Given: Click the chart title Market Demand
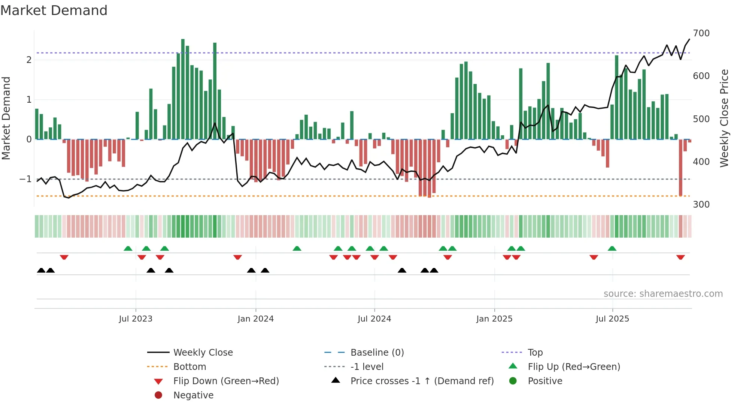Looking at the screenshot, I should pyautogui.click(x=54, y=10).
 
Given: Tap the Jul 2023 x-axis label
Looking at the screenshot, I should pyautogui.click(x=136, y=319).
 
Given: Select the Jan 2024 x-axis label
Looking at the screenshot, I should pyautogui.click(x=255, y=319).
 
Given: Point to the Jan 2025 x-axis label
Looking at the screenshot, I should pyautogui.click(x=494, y=319).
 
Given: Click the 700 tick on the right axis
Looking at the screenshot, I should pyautogui.click(x=701, y=33).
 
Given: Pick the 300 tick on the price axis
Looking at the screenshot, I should pyautogui.click(x=701, y=205).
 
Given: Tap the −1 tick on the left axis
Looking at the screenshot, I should pyautogui.click(x=25, y=179).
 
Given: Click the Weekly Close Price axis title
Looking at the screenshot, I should pyautogui.click(x=724, y=118).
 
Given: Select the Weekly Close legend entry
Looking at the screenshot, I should pyautogui.click(x=203, y=353).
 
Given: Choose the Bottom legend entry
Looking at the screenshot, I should pyautogui.click(x=189, y=367).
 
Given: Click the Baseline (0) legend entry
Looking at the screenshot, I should pyautogui.click(x=377, y=353).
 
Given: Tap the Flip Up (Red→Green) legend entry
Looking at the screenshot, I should pyautogui.click(x=574, y=367).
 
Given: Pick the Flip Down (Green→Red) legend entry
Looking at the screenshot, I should pyautogui.click(x=226, y=381).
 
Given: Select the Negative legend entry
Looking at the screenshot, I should pyautogui.click(x=193, y=395).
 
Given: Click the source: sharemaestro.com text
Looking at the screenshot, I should pyautogui.click(x=663, y=294).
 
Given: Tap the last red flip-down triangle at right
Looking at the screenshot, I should pyautogui.click(x=680, y=257).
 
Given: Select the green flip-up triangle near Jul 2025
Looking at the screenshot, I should pyautogui.click(x=612, y=248).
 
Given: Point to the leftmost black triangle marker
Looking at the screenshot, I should pyautogui.click(x=41, y=270).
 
